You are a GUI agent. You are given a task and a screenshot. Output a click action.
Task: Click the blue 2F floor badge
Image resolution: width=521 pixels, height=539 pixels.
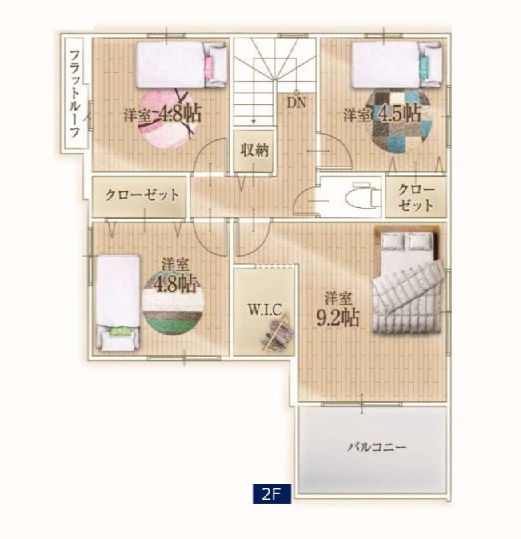272,494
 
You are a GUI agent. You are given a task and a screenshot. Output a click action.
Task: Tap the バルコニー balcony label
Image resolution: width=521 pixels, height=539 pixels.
377,447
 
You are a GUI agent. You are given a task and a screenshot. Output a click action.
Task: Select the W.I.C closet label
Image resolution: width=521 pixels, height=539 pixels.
265,310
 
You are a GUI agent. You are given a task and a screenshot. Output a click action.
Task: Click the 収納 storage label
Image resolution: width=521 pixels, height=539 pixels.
254,150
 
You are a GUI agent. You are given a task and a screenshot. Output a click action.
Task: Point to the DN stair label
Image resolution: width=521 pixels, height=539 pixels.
296,102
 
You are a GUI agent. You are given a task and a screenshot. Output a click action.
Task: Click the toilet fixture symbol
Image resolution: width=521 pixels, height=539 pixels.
362,197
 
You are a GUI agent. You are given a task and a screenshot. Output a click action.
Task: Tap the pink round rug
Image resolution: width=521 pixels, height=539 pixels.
169,118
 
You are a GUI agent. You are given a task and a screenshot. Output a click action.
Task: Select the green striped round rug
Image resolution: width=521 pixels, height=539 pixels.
173,303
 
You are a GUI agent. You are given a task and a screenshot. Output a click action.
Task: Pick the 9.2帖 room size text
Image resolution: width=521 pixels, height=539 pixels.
337,318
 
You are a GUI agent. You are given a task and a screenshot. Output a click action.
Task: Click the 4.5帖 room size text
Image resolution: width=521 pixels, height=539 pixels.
399,113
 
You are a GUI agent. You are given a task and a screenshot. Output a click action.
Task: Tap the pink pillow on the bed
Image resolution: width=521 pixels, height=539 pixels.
209,64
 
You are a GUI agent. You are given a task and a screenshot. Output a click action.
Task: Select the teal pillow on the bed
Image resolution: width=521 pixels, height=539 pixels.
424,64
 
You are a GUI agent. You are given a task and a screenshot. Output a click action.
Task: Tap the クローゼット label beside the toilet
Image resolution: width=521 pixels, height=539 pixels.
416,197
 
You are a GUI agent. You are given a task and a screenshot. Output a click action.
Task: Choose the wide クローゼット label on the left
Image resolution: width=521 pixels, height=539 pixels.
142,195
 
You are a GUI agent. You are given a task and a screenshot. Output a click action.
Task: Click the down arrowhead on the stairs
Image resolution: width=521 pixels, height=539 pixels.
254,121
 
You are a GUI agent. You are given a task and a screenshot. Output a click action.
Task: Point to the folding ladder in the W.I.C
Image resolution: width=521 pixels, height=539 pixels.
278,333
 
